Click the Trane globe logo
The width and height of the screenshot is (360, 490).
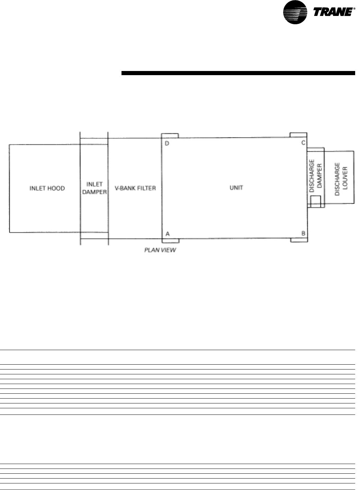click(295, 12)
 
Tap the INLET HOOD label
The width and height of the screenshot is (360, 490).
click(47, 188)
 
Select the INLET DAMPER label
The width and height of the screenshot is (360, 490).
click(94, 188)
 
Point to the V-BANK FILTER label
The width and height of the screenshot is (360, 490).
click(135, 188)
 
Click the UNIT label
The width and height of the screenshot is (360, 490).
click(236, 188)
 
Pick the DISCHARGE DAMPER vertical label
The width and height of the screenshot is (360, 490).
click(316, 176)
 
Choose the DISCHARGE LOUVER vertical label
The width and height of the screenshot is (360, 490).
click(341, 179)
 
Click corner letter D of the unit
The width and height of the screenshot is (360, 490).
click(167, 143)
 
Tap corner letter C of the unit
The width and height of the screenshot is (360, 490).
click(303, 143)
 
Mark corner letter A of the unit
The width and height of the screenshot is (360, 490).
click(168, 234)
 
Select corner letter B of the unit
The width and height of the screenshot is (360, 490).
click(303, 233)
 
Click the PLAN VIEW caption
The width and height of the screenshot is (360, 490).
click(160, 250)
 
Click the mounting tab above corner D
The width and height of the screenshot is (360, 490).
click(170, 136)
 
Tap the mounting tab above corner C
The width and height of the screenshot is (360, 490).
click(298, 135)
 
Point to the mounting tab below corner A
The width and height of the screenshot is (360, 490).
click(171, 241)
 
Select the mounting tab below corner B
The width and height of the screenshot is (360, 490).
click(299, 240)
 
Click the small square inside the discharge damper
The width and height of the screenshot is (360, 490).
click(316, 202)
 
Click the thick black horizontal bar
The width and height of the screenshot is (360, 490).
click(238, 73)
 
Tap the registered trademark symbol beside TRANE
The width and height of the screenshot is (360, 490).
click(354, 9)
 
